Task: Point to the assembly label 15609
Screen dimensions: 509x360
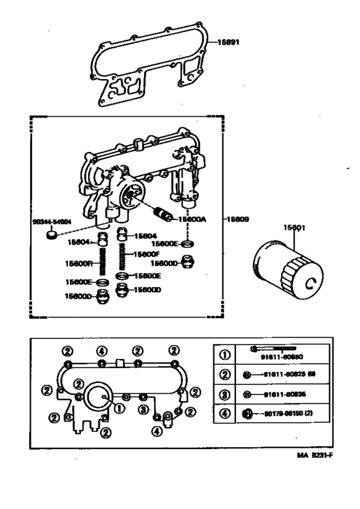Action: pos(237,218)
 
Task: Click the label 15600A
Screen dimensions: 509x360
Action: pos(193,219)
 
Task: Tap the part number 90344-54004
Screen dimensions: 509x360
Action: pos(51,221)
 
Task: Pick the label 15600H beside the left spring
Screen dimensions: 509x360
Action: pos(79,263)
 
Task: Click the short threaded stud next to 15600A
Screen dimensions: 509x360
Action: pos(161,213)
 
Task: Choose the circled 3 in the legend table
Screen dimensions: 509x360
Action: pos(224,394)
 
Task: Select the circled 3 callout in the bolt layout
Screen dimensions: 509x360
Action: pos(142,410)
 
